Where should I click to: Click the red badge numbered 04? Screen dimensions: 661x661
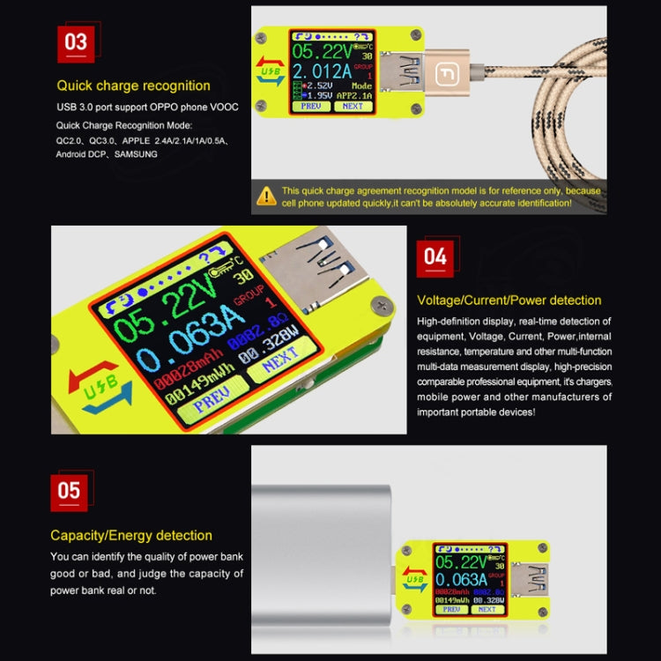[436, 258]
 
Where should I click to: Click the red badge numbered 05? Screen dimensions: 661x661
[69, 491]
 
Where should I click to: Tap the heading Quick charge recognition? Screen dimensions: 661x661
[134, 85]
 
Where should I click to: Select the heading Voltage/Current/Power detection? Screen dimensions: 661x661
[509, 301]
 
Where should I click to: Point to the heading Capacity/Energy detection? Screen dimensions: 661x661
[131, 535]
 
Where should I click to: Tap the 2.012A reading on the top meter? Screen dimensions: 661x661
[320, 71]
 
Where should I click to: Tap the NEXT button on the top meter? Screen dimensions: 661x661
[353, 106]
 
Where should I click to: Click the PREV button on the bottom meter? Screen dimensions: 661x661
[451, 609]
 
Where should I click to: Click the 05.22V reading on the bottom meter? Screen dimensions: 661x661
[461, 561]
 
